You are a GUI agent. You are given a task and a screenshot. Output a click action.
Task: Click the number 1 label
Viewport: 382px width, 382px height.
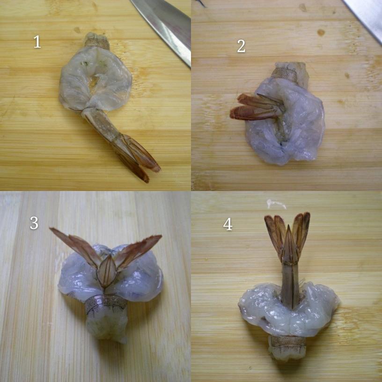(37, 42)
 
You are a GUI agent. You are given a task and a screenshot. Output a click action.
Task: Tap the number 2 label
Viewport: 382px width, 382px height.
(241, 46)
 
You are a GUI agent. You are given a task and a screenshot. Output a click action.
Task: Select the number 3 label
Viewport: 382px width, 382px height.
(34, 223)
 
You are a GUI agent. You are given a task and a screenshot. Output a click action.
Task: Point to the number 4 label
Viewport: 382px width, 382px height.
(228, 224)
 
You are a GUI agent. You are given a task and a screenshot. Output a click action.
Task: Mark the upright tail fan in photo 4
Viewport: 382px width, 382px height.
(287, 236)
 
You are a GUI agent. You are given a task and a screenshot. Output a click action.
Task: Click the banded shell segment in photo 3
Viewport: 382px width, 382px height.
(106, 304)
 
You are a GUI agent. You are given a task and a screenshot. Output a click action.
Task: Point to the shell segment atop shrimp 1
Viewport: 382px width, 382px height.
(96, 41)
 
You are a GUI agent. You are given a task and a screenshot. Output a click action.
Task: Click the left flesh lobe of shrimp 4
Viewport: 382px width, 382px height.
(257, 304)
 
